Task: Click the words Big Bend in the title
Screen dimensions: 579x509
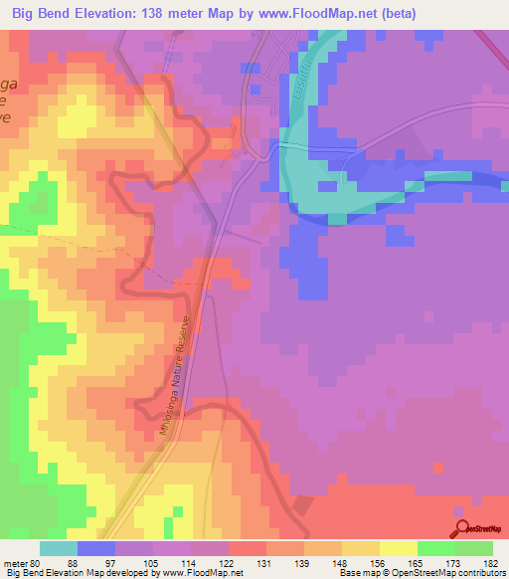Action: (x=45, y=13)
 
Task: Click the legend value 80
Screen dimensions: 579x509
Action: (x=39, y=563)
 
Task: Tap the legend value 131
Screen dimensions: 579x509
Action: (x=246, y=563)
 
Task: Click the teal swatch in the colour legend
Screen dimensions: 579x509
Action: (x=59, y=548)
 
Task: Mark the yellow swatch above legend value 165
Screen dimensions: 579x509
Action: (x=399, y=548)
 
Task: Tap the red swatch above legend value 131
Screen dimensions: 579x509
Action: (x=248, y=548)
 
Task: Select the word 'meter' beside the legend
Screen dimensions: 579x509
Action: (x=17, y=563)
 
